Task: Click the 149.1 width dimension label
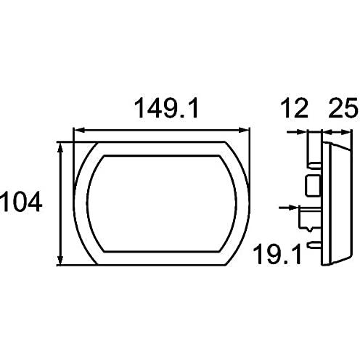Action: (166, 108)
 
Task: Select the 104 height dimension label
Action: (20, 202)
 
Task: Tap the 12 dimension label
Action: (294, 108)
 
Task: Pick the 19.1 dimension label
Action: (278, 254)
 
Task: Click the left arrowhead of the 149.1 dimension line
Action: (79, 131)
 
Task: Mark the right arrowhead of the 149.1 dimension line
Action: (244, 131)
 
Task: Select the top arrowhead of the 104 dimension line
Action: (60, 147)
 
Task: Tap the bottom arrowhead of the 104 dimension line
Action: (60, 260)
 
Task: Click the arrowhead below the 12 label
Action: (301, 132)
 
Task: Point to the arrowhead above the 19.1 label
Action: (294, 208)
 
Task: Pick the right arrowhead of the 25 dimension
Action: (345, 132)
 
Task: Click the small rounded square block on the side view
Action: (313, 186)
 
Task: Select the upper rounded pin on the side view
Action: (315, 165)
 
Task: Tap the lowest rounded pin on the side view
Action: (315, 245)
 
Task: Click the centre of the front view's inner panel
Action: (161, 204)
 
